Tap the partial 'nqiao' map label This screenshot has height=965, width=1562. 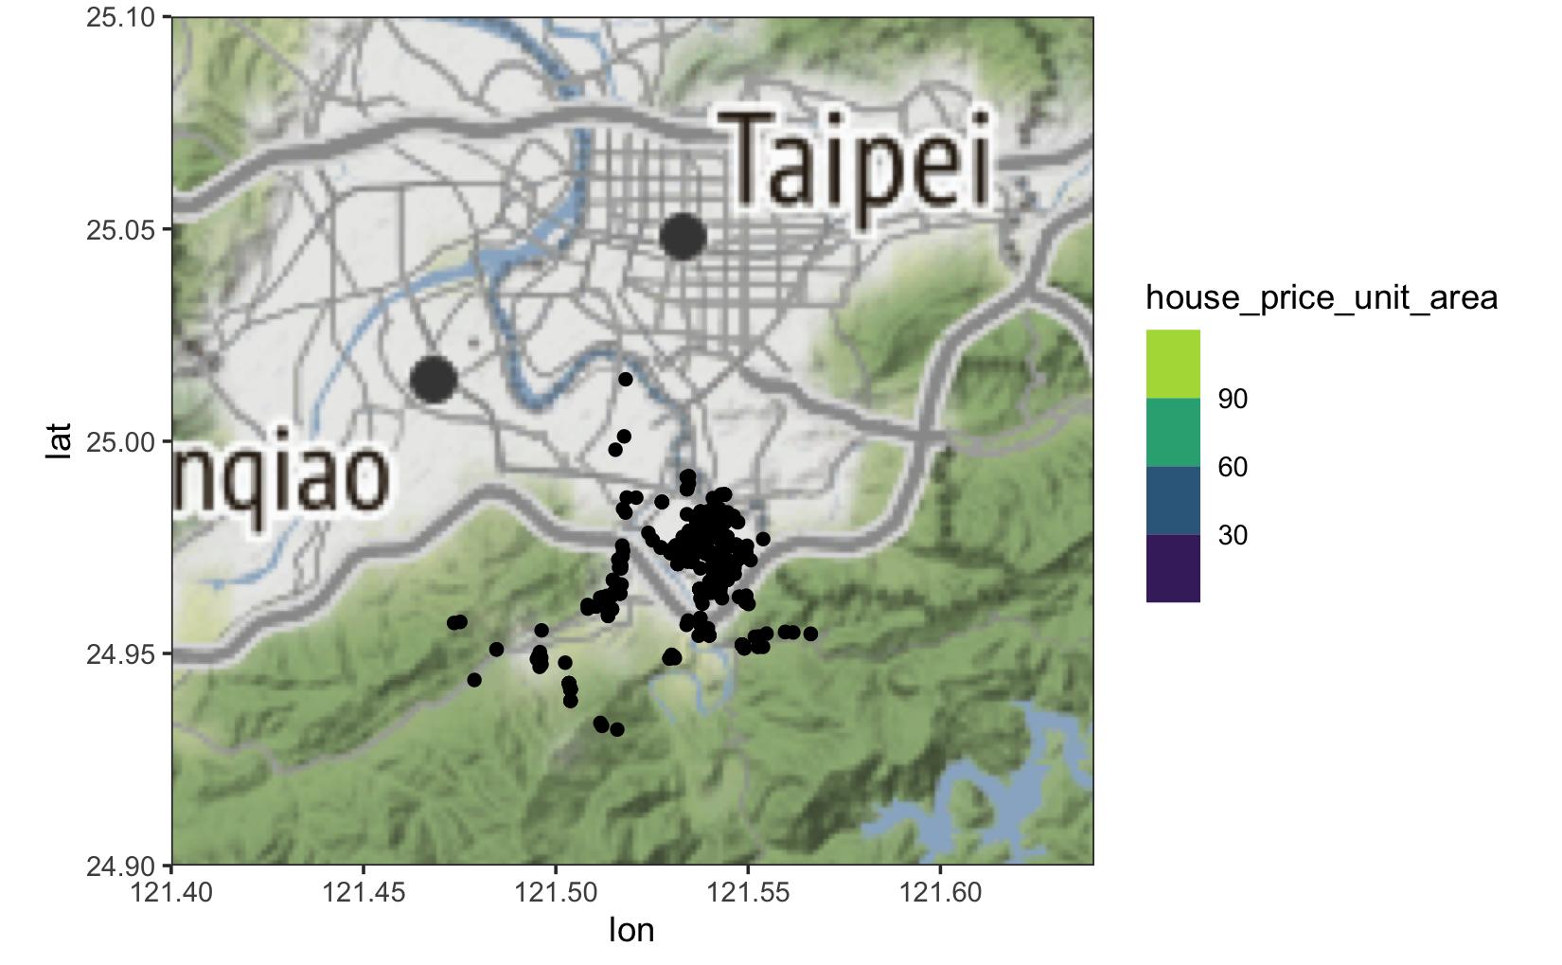pyautogui.click(x=282, y=476)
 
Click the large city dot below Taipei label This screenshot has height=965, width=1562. pyautogui.click(x=683, y=236)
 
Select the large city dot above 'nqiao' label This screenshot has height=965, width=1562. pyautogui.click(x=434, y=379)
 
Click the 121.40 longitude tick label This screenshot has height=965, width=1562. pyautogui.click(x=171, y=892)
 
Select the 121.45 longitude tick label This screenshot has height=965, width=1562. pyautogui.click(x=364, y=892)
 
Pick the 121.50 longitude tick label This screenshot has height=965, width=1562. pyautogui.click(x=556, y=892)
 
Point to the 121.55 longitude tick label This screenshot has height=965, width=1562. pyautogui.click(x=748, y=892)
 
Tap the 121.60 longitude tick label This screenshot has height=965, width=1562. pyautogui.click(x=940, y=892)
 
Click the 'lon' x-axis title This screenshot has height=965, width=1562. pyautogui.click(x=631, y=930)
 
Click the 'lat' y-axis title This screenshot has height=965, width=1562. pyautogui.click(x=59, y=441)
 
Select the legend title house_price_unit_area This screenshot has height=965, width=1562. pyautogui.click(x=1322, y=298)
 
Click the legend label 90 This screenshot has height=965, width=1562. pyautogui.click(x=1233, y=399)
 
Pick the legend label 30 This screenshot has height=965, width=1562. pyautogui.click(x=1233, y=535)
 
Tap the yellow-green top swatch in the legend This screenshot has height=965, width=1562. pyautogui.click(x=1173, y=364)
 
